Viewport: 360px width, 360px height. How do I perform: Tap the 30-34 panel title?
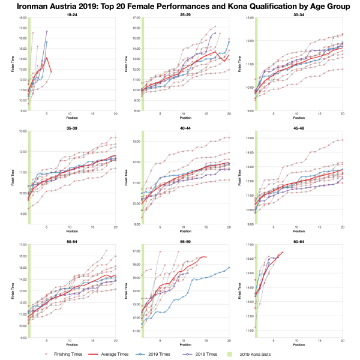point(292,13)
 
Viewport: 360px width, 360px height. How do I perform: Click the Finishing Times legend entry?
point(68,354)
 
